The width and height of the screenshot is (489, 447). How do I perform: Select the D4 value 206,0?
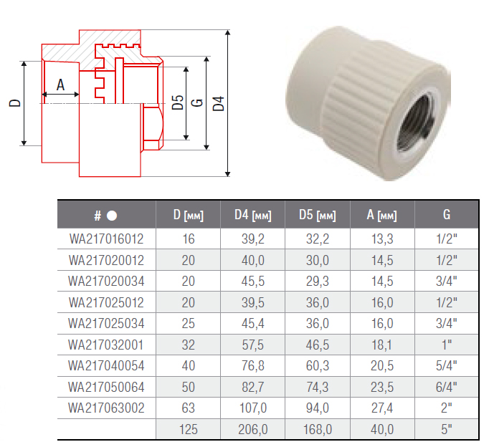click(x=252, y=429)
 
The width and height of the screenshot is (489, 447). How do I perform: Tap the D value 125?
click(x=188, y=429)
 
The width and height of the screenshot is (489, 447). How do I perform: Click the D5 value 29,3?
click(x=317, y=279)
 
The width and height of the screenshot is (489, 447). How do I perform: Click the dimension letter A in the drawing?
click(x=60, y=85)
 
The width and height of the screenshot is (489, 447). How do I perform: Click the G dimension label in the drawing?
click(x=199, y=103)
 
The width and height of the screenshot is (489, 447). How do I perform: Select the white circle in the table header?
click(x=112, y=215)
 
